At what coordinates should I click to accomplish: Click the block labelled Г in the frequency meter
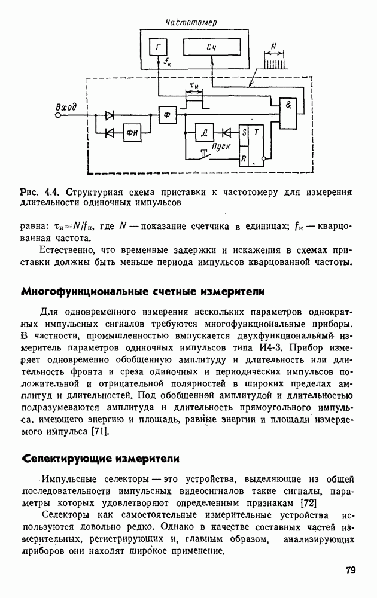pyautogui.click(x=158, y=48)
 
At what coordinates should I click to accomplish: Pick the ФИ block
pyautogui.click(x=131, y=132)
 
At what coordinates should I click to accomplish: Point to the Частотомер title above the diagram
pyautogui.click(x=191, y=22)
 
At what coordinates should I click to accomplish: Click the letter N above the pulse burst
pyautogui.click(x=273, y=46)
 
